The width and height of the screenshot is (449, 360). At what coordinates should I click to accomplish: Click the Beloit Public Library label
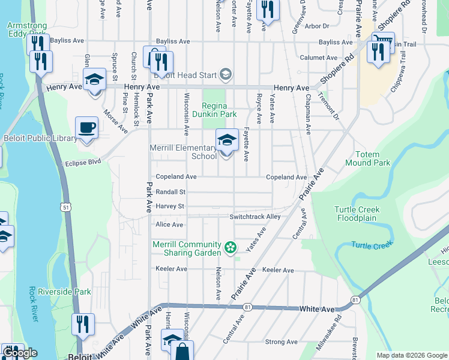tap(39, 139)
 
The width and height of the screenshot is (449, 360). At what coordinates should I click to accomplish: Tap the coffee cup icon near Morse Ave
tap(86, 128)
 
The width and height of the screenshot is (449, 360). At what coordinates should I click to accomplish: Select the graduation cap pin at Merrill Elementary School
tap(227, 141)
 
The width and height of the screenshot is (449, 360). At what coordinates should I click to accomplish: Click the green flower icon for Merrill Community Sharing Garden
tap(229, 247)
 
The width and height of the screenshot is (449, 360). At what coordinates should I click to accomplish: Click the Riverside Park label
tap(64, 292)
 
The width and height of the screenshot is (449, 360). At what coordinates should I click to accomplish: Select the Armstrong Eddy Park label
tap(26, 29)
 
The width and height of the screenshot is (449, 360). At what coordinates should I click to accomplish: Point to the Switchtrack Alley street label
tap(255, 217)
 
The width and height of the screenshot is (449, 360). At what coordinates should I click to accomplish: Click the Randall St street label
tap(170, 192)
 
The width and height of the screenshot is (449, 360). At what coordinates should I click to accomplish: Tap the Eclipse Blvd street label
tap(83, 162)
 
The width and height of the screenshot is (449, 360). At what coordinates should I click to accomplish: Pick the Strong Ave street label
tap(282, 342)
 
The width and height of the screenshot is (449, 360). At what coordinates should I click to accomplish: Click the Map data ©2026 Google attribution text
tap(411, 355)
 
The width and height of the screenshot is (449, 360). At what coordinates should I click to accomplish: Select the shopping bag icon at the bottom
tap(182, 352)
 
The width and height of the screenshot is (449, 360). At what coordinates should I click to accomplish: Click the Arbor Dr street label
tap(317, 26)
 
